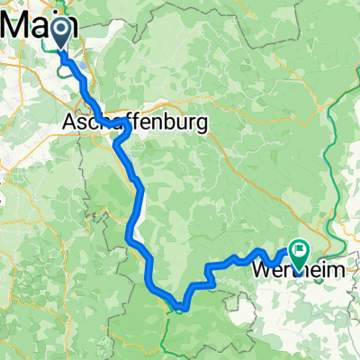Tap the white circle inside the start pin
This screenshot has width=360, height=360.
[x=60, y=31]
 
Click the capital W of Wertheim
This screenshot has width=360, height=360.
[x=264, y=269]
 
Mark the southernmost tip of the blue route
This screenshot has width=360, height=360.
[x=180, y=309]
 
